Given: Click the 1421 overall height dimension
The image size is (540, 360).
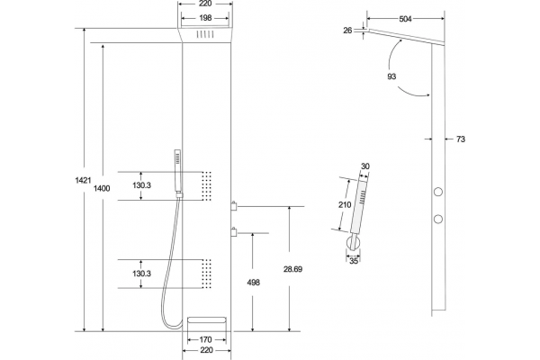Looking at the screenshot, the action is (83, 180).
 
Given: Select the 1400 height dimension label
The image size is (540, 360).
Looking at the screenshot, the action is (102, 188).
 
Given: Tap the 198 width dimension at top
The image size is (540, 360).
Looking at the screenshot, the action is (205, 18).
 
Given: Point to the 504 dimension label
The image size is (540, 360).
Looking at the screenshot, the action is (405, 19).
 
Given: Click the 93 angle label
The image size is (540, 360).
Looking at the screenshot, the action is (391, 76).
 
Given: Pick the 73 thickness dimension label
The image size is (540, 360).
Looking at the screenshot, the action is (461, 139).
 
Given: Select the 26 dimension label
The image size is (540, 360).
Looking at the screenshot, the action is (347, 31).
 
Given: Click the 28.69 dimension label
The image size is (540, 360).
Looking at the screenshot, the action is (293, 269).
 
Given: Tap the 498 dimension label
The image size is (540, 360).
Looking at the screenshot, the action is (254, 283).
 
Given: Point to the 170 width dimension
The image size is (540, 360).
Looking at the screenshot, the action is (205, 340).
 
